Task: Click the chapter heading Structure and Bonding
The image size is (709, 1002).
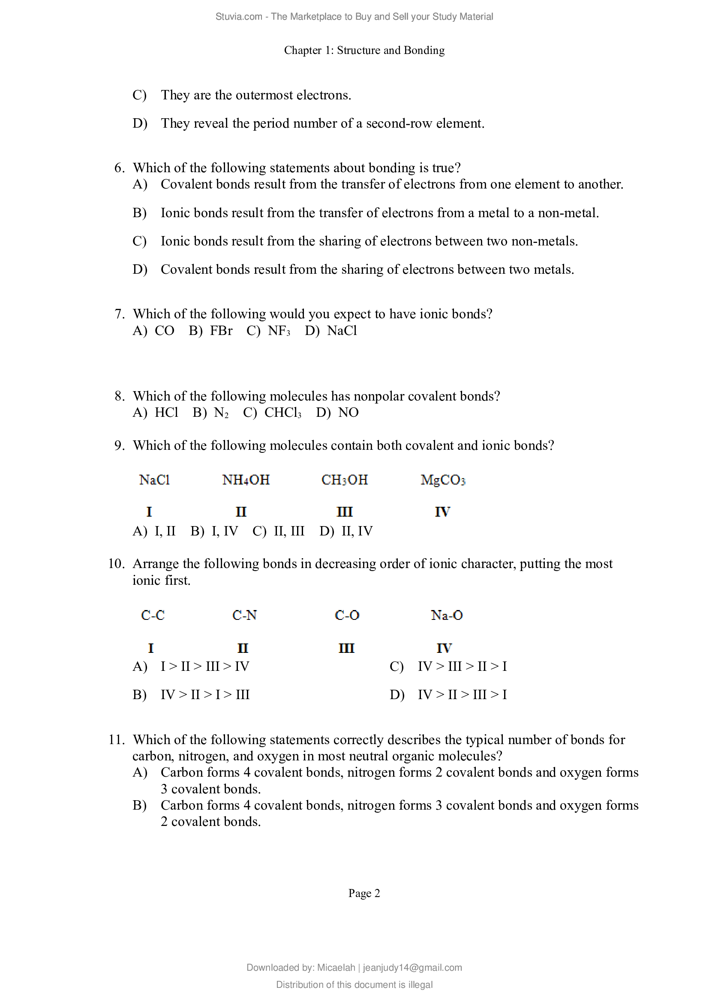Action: (x=364, y=51)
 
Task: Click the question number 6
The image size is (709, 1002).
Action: (x=119, y=168)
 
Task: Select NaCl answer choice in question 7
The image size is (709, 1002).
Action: (x=342, y=331)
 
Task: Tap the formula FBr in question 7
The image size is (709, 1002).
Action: (x=221, y=331)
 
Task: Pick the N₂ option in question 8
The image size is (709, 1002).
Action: (x=221, y=413)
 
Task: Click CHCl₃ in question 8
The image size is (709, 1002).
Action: (x=282, y=413)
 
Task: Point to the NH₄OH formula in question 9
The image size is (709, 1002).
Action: (x=246, y=480)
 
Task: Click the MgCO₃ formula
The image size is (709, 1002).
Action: (x=443, y=480)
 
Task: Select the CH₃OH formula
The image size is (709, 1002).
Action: (x=345, y=480)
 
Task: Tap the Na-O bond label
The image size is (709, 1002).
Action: (x=446, y=615)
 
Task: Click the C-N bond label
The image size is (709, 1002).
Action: (x=244, y=615)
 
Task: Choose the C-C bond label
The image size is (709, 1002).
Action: (x=153, y=615)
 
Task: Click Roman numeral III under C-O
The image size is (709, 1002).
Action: (x=346, y=649)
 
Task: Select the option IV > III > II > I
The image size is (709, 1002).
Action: (x=462, y=667)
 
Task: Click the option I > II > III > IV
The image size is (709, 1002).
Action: (x=205, y=667)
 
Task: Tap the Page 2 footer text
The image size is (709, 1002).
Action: (x=364, y=893)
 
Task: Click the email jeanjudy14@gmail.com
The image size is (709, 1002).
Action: (x=412, y=968)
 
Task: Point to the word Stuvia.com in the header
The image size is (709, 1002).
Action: (x=238, y=17)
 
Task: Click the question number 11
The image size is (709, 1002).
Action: (x=117, y=740)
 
